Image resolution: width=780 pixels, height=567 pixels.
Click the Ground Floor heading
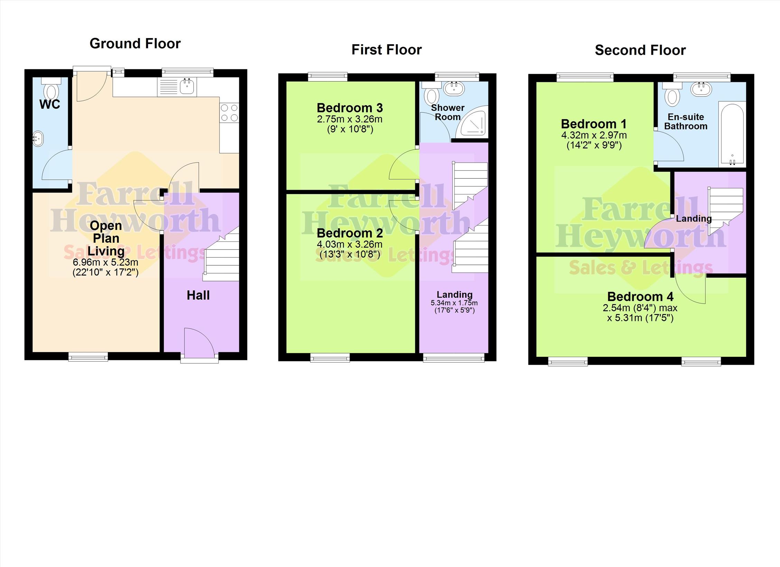[135, 44]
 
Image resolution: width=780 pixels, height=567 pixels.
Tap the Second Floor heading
[640, 50]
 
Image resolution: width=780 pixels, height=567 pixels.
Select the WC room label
[50, 104]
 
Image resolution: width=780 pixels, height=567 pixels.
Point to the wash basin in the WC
[38, 139]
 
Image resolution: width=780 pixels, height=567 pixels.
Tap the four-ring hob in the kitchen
[229, 113]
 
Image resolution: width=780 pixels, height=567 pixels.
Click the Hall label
[198, 295]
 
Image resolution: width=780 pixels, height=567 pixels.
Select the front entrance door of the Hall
[199, 342]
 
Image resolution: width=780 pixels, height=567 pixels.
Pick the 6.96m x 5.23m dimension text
[105, 262]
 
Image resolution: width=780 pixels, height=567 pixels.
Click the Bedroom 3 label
[350, 108]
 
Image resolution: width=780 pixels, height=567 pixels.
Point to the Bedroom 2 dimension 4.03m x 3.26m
[350, 244]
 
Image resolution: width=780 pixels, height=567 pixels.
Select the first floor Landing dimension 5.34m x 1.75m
[454, 303]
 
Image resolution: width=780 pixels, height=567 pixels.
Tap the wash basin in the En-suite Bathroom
[701, 89]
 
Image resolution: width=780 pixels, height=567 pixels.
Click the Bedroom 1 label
[594, 124]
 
